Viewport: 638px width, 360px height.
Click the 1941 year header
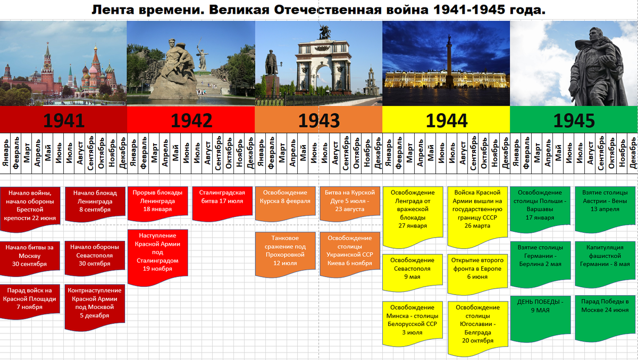click(x=64, y=120)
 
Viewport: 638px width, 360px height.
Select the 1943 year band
click(x=318, y=120)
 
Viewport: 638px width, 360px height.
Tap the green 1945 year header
click(x=574, y=120)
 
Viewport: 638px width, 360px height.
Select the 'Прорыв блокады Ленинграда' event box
click(x=158, y=202)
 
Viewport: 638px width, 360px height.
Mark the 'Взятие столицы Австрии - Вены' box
click(x=605, y=206)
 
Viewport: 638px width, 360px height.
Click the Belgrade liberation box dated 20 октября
click(x=477, y=325)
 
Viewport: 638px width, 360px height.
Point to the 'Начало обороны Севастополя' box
click(x=95, y=256)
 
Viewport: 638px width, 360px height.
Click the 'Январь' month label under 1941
click(x=5, y=154)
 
